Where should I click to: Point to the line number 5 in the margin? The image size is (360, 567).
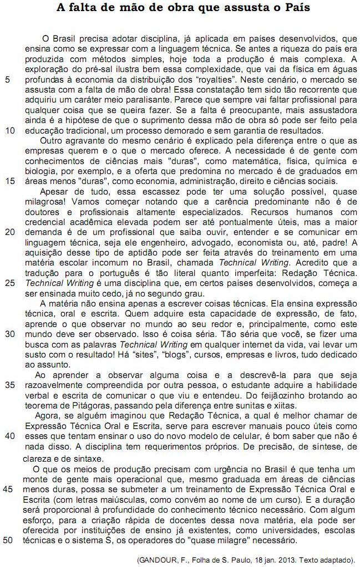pos(6,79)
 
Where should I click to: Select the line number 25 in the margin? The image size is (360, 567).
pos(8,283)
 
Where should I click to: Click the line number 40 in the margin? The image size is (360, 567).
pos(8,436)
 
